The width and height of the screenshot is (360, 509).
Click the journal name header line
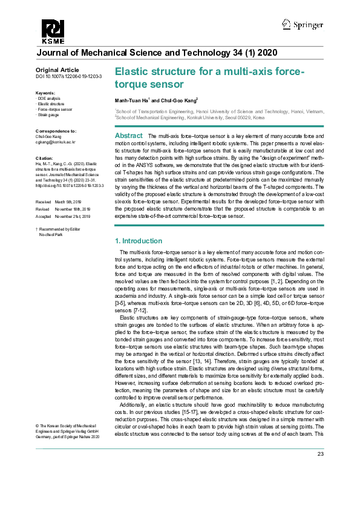[x=157, y=53]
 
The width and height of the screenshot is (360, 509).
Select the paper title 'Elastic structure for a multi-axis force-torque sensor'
[x=209, y=78]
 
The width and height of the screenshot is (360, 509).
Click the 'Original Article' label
[x=57, y=70]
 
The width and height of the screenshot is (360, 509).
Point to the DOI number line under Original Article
[x=68, y=77]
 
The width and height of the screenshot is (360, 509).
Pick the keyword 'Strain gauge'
[x=50, y=114]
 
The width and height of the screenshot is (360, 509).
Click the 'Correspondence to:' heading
[x=56, y=131]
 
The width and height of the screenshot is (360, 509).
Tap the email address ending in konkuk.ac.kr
[x=56, y=142]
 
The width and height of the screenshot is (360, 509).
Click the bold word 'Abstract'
[x=128, y=136]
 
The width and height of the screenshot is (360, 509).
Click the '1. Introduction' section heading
[x=139, y=241]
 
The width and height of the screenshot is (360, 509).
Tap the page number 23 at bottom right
[x=321, y=471]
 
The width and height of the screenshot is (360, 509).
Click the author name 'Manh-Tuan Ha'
[x=131, y=100]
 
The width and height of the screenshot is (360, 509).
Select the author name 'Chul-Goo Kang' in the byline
[x=175, y=100]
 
